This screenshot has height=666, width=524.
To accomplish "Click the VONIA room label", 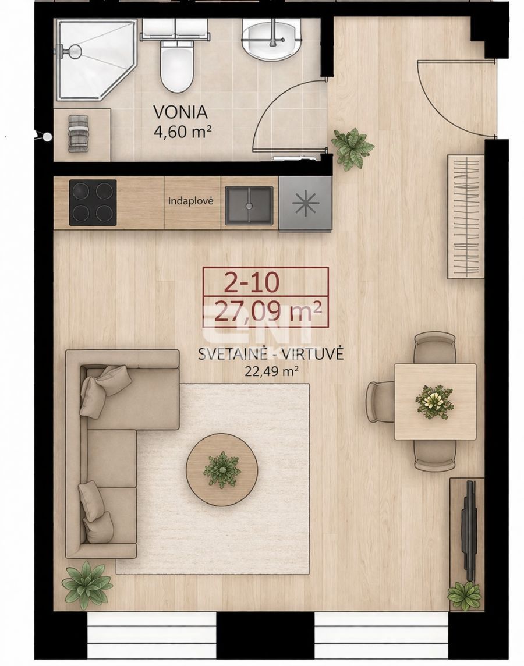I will tap(181, 112).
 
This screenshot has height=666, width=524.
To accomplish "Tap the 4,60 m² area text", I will tap(181, 132).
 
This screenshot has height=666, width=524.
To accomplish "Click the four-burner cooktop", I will tap(93, 203).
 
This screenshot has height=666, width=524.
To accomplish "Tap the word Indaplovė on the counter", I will tap(190, 201).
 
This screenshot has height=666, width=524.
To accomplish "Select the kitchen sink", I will tap(249, 205).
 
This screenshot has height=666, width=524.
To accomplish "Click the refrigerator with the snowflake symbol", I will tap(305, 204).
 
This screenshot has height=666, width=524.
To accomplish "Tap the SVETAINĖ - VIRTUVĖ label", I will tap(271, 354).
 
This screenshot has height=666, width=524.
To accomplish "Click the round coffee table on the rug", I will tap(222, 467).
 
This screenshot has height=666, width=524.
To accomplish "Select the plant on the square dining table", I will tap(434, 401).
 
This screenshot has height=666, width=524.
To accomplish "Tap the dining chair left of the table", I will tap(380, 402).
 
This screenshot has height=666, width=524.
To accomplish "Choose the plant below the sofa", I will tap(87, 584).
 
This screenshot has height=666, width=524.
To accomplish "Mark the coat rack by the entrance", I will tap(465, 216).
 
